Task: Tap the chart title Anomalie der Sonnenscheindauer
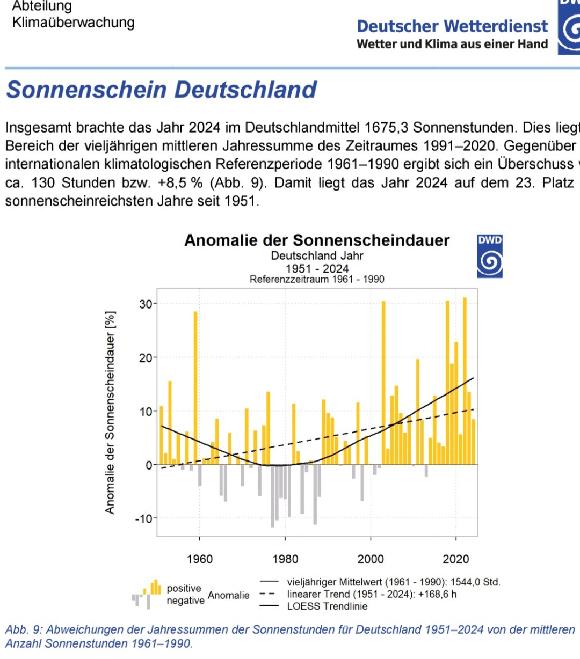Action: coord(317,240)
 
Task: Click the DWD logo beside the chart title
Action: coord(489,256)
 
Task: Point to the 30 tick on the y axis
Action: coord(146,304)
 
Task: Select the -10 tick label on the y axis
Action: coord(143,519)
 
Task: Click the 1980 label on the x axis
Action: coord(285,559)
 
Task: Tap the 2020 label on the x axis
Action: coord(456,559)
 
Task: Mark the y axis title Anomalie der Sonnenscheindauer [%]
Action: coord(110,412)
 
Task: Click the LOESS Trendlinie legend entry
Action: coord(327,606)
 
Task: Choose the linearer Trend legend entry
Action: coord(372,594)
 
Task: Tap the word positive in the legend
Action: coord(184,588)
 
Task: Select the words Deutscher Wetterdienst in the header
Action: coord(452,26)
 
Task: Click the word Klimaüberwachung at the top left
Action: coord(73,23)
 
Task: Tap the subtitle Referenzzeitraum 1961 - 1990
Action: coord(317,279)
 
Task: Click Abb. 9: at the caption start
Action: coord(24,629)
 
